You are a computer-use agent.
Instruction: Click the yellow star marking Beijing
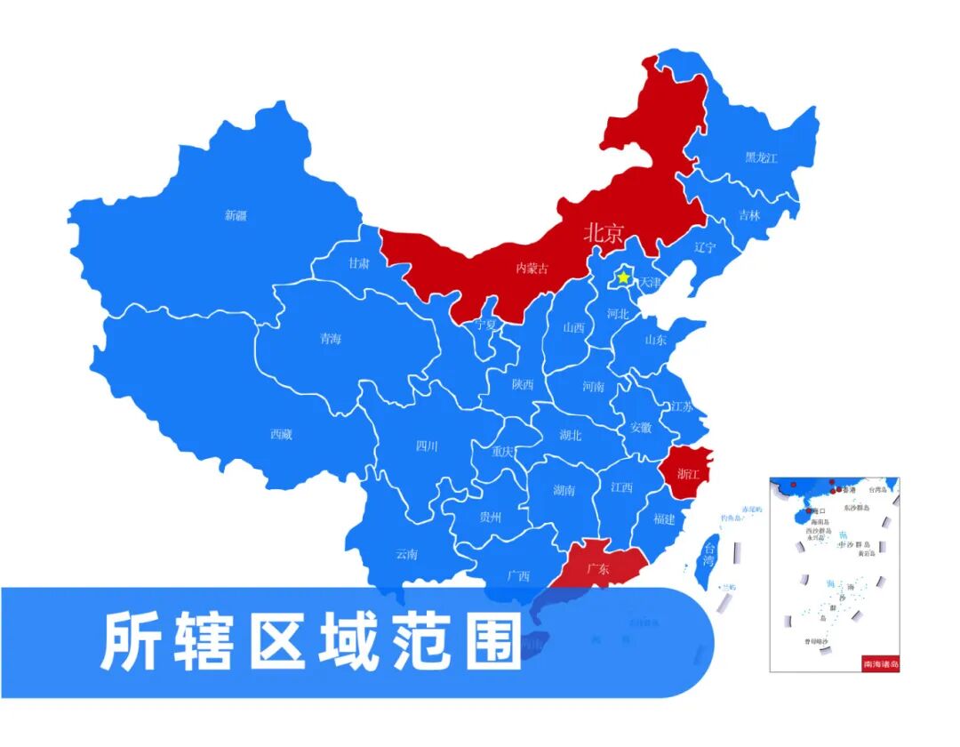tap(623, 278)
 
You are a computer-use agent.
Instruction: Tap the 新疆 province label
tap(236, 215)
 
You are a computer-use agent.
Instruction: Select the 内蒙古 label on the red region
tap(532, 268)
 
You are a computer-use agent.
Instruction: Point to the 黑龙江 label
tap(761, 157)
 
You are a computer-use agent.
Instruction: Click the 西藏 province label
tap(281, 434)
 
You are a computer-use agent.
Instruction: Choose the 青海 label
tap(330, 338)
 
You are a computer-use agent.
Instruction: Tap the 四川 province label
tap(427, 446)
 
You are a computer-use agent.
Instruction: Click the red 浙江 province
tap(687, 472)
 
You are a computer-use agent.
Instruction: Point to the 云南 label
tap(406, 554)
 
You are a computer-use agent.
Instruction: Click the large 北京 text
tap(604, 234)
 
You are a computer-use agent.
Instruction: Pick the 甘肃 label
tap(359, 263)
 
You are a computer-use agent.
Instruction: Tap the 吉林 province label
tap(749, 215)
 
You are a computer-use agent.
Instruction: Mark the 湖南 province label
tap(564, 490)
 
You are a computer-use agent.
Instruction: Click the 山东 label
tap(655, 339)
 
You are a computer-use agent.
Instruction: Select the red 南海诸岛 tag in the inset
tap(881, 663)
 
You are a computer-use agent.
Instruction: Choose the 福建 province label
tap(663, 518)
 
